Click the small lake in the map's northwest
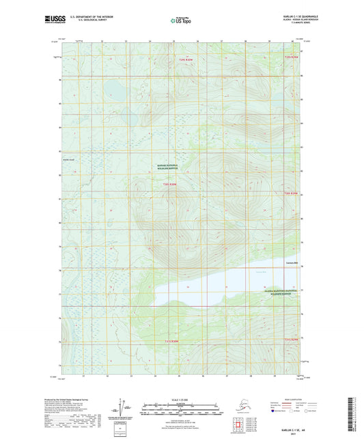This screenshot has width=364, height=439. click(113, 89)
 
